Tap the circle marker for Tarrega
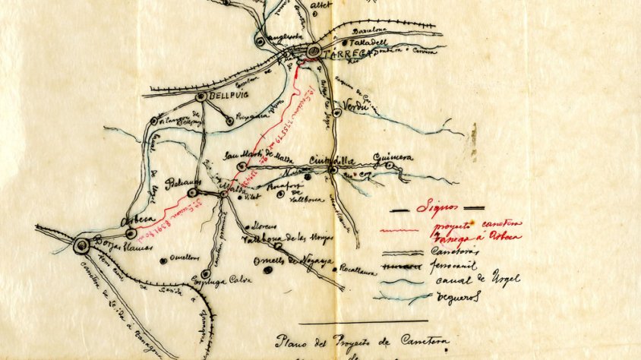pyautogui.click(x=314, y=52)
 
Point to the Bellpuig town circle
pyautogui.click(x=201, y=97)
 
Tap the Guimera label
pyautogui.click(x=393, y=157)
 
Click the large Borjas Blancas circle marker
pyautogui.click(x=81, y=245)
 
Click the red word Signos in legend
pyautogui.click(x=438, y=207)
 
